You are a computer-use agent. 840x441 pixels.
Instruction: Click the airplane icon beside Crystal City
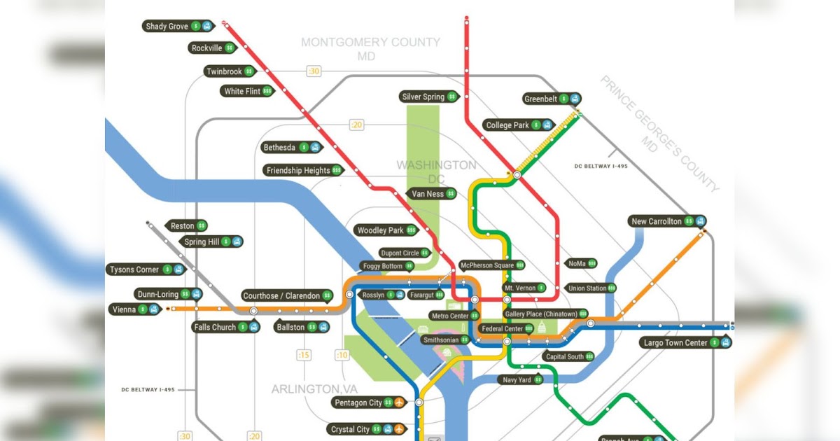399,428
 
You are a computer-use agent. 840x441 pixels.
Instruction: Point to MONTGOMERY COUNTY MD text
370,49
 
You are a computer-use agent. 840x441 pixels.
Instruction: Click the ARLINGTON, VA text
309,388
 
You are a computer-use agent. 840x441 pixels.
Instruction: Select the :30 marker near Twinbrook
314,71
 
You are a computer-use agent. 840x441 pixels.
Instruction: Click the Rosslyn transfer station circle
349,295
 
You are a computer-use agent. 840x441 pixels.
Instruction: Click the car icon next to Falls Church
254,327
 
